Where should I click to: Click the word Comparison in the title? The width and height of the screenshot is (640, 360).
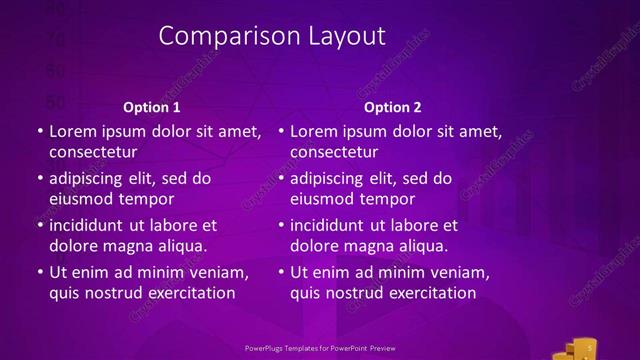223,36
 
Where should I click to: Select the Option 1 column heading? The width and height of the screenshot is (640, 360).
152,107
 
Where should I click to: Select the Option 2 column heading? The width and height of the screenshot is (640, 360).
393,107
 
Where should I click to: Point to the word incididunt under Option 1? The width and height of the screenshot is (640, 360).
92,225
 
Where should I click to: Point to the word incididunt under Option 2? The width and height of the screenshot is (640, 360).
333,225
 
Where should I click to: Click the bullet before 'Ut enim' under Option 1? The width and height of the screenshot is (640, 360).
39,272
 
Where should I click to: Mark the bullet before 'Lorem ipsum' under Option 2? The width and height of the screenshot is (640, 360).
281,131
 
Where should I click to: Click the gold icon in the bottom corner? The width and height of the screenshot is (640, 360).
579,348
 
